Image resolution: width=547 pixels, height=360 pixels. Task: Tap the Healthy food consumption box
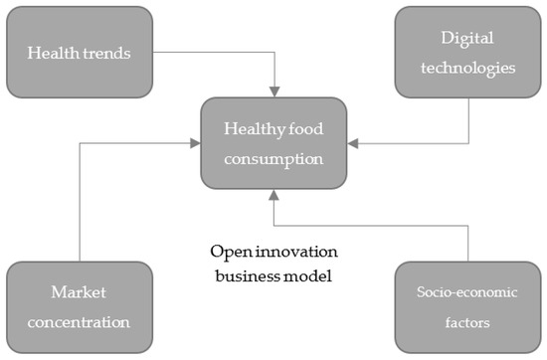[x=275, y=143]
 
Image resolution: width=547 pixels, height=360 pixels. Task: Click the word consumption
[x=275, y=156]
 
